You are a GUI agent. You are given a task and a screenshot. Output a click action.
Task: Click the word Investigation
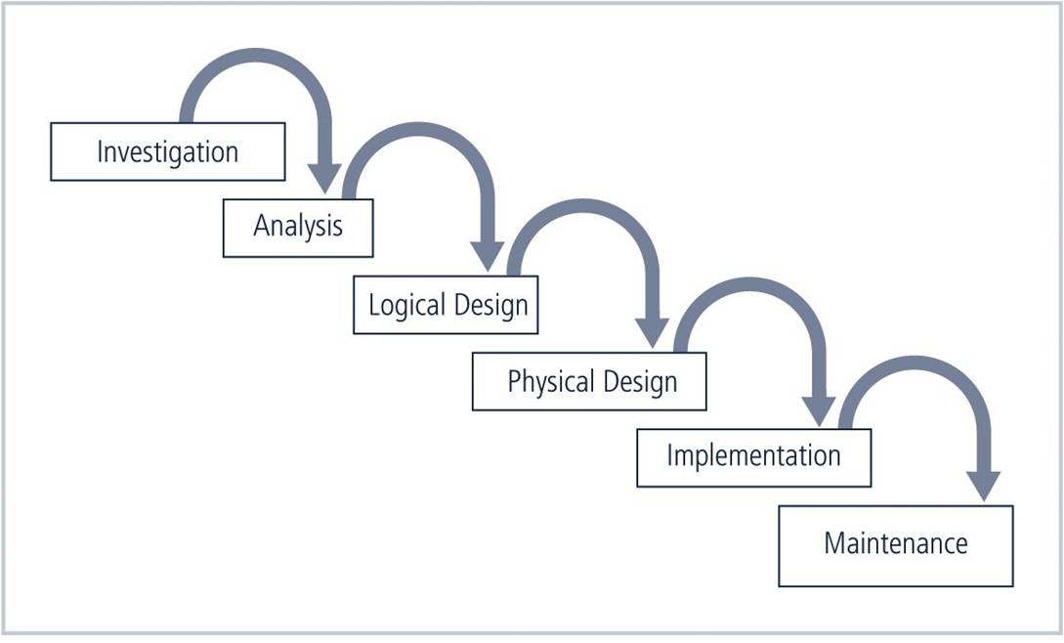click(x=167, y=152)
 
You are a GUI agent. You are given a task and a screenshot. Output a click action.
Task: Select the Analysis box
click(x=298, y=228)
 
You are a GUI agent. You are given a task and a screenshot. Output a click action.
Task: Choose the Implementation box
click(x=753, y=456)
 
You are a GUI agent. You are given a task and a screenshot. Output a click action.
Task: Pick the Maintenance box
click(x=896, y=544)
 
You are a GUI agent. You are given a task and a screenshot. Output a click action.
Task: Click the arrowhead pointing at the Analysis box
click(x=324, y=178)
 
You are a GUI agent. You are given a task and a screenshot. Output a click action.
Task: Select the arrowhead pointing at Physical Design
click(x=652, y=332)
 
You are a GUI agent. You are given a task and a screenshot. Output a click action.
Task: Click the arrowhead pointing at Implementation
click(x=818, y=410)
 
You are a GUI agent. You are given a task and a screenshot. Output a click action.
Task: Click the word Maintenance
click(x=896, y=544)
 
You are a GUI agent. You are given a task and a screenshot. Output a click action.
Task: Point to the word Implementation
click(x=753, y=456)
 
